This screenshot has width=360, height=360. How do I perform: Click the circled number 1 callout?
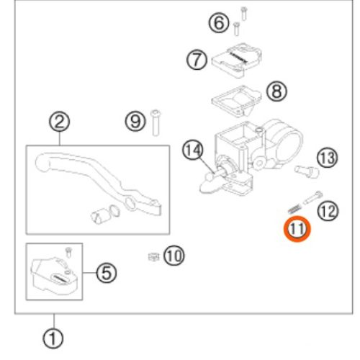click(x=53, y=338)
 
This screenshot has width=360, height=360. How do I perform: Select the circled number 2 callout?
click(x=60, y=122)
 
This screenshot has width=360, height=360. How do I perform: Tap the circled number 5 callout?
click(x=107, y=273)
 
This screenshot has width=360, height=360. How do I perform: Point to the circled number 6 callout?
click(x=219, y=23)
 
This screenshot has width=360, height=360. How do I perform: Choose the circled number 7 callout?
click(x=197, y=60)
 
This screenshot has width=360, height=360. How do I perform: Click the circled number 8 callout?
click(x=276, y=91)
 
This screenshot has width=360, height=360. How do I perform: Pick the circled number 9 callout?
click(x=135, y=121)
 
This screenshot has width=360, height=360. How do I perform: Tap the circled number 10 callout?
click(x=174, y=256)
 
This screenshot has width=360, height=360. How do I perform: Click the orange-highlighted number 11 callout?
click(x=297, y=229)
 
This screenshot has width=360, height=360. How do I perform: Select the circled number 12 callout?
click(x=328, y=211)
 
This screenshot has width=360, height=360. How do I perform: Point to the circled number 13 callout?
click(x=328, y=158)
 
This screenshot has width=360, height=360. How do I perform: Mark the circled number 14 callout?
click(x=193, y=150)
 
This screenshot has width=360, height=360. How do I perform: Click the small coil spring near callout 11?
click(x=294, y=208)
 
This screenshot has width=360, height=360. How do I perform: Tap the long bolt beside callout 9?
click(x=156, y=122)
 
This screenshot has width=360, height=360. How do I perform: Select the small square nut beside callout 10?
click(x=153, y=257)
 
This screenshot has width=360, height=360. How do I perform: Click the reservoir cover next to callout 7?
click(x=236, y=60)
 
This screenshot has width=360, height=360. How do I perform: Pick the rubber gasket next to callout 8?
click(x=236, y=101)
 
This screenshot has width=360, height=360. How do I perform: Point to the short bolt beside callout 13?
click(x=307, y=171)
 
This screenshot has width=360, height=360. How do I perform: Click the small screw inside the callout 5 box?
click(x=69, y=252)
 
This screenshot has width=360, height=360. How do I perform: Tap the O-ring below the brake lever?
click(x=114, y=211)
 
